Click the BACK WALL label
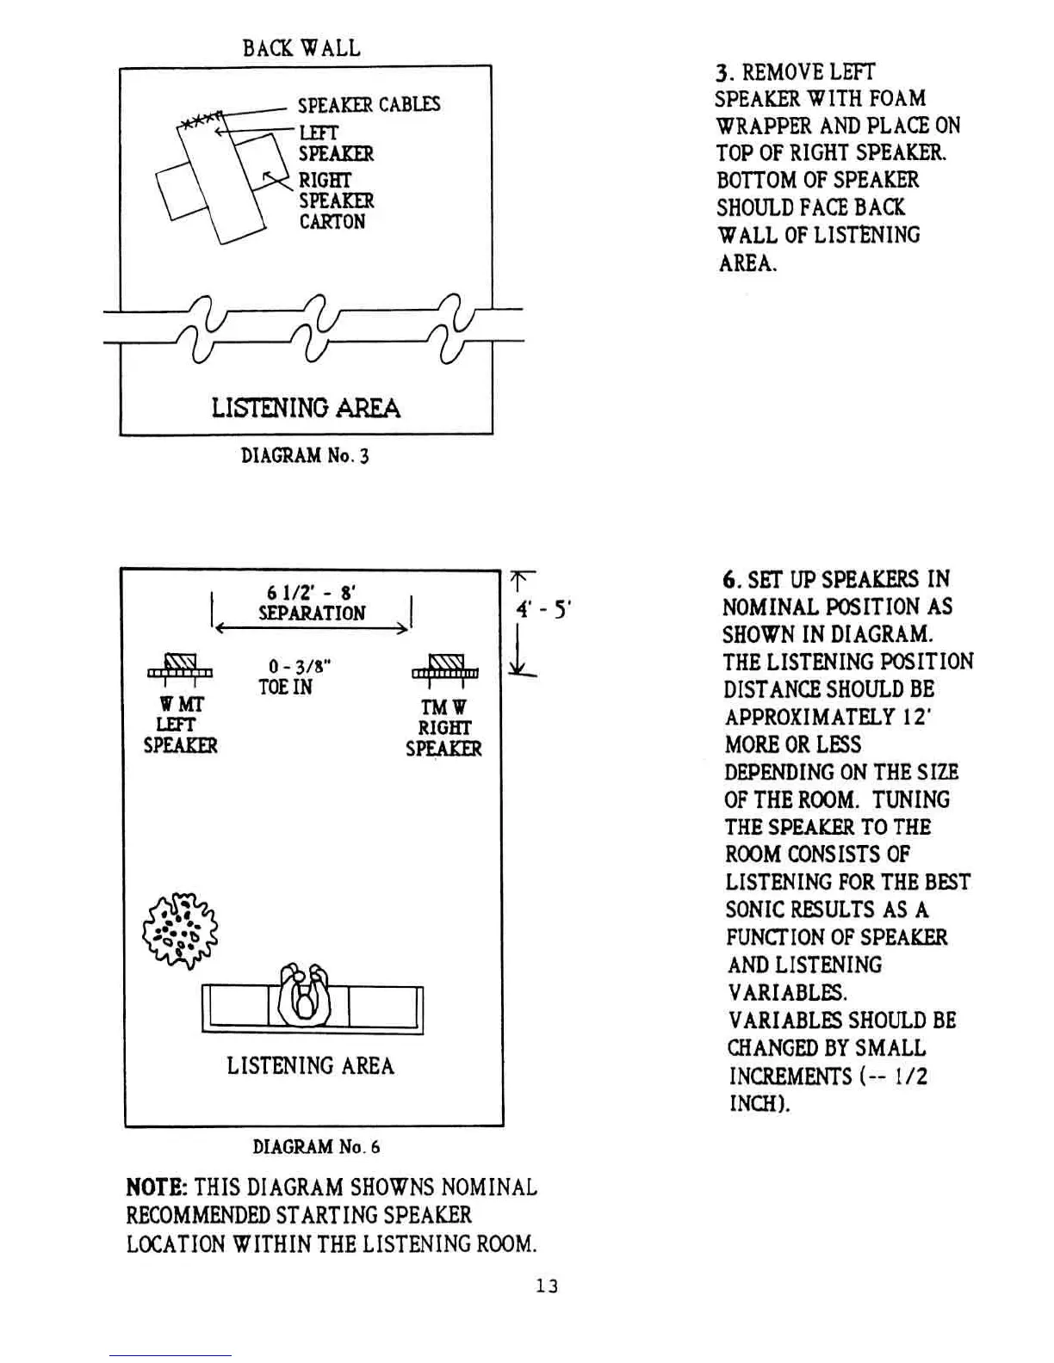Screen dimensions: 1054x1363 [301, 47]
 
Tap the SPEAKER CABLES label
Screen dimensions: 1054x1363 [369, 105]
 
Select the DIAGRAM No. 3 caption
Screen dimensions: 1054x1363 [305, 455]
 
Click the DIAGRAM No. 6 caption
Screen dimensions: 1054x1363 [316, 1147]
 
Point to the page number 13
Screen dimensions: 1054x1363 [547, 1286]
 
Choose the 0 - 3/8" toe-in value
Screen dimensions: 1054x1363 [300, 666]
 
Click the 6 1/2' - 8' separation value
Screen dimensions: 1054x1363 [312, 592]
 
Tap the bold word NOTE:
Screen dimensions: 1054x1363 [157, 1188]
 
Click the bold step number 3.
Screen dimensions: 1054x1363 [722, 72]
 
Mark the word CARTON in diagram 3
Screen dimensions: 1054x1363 [332, 222]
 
